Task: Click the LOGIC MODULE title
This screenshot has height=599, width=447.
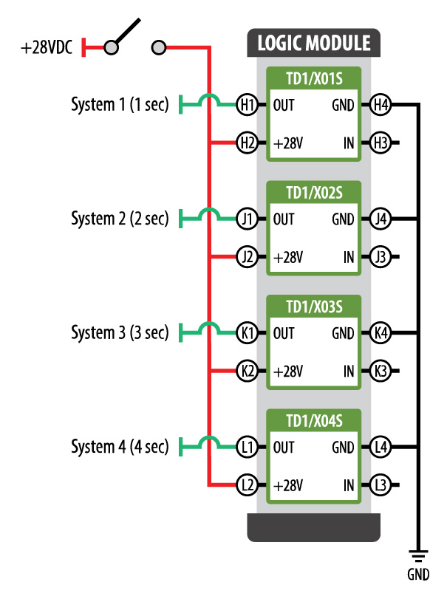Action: pyautogui.click(x=313, y=43)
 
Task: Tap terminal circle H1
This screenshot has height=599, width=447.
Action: pyautogui.click(x=247, y=106)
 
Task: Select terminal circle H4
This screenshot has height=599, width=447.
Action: pyautogui.click(x=381, y=106)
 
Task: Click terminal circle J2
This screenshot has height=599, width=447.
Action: pyautogui.click(x=247, y=257)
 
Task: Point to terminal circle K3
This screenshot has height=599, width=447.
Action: pyautogui.click(x=381, y=371)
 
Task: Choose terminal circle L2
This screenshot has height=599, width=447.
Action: pyautogui.click(x=247, y=485)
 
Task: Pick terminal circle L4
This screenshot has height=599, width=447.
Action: pyautogui.click(x=381, y=448)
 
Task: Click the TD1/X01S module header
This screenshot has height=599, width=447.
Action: pyautogui.click(x=313, y=78)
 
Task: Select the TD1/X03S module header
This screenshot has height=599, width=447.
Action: pyautogui.click(x=313, y=306)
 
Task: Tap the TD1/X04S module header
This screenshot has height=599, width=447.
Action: pyautogui.click(x=313, y=420)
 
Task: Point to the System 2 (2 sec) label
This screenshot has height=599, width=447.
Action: pyautogui.click(x=120, y=219)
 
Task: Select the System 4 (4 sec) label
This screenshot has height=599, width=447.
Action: pyautogui.click(x=120, y=447)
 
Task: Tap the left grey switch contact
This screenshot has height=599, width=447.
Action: pyautogui.click(x=111, y=48)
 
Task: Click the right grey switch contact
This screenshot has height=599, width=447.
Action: pyautogui.click(x=157, y=48)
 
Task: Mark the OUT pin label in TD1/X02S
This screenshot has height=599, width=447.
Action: pyautogui.click(x=284, y=219)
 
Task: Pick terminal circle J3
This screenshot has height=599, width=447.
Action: pyautogui.click(x=381, y=257)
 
